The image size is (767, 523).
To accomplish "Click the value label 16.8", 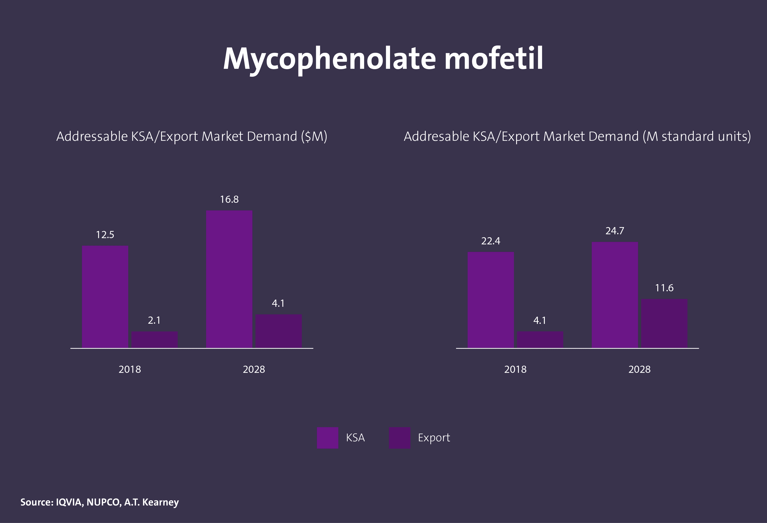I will pos(229,199).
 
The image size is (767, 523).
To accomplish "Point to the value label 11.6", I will pos(664,288).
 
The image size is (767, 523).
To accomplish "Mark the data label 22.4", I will pos(490,241).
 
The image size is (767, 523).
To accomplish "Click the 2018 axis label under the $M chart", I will pos(130,369).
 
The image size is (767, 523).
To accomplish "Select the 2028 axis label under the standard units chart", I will pos(639,369).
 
